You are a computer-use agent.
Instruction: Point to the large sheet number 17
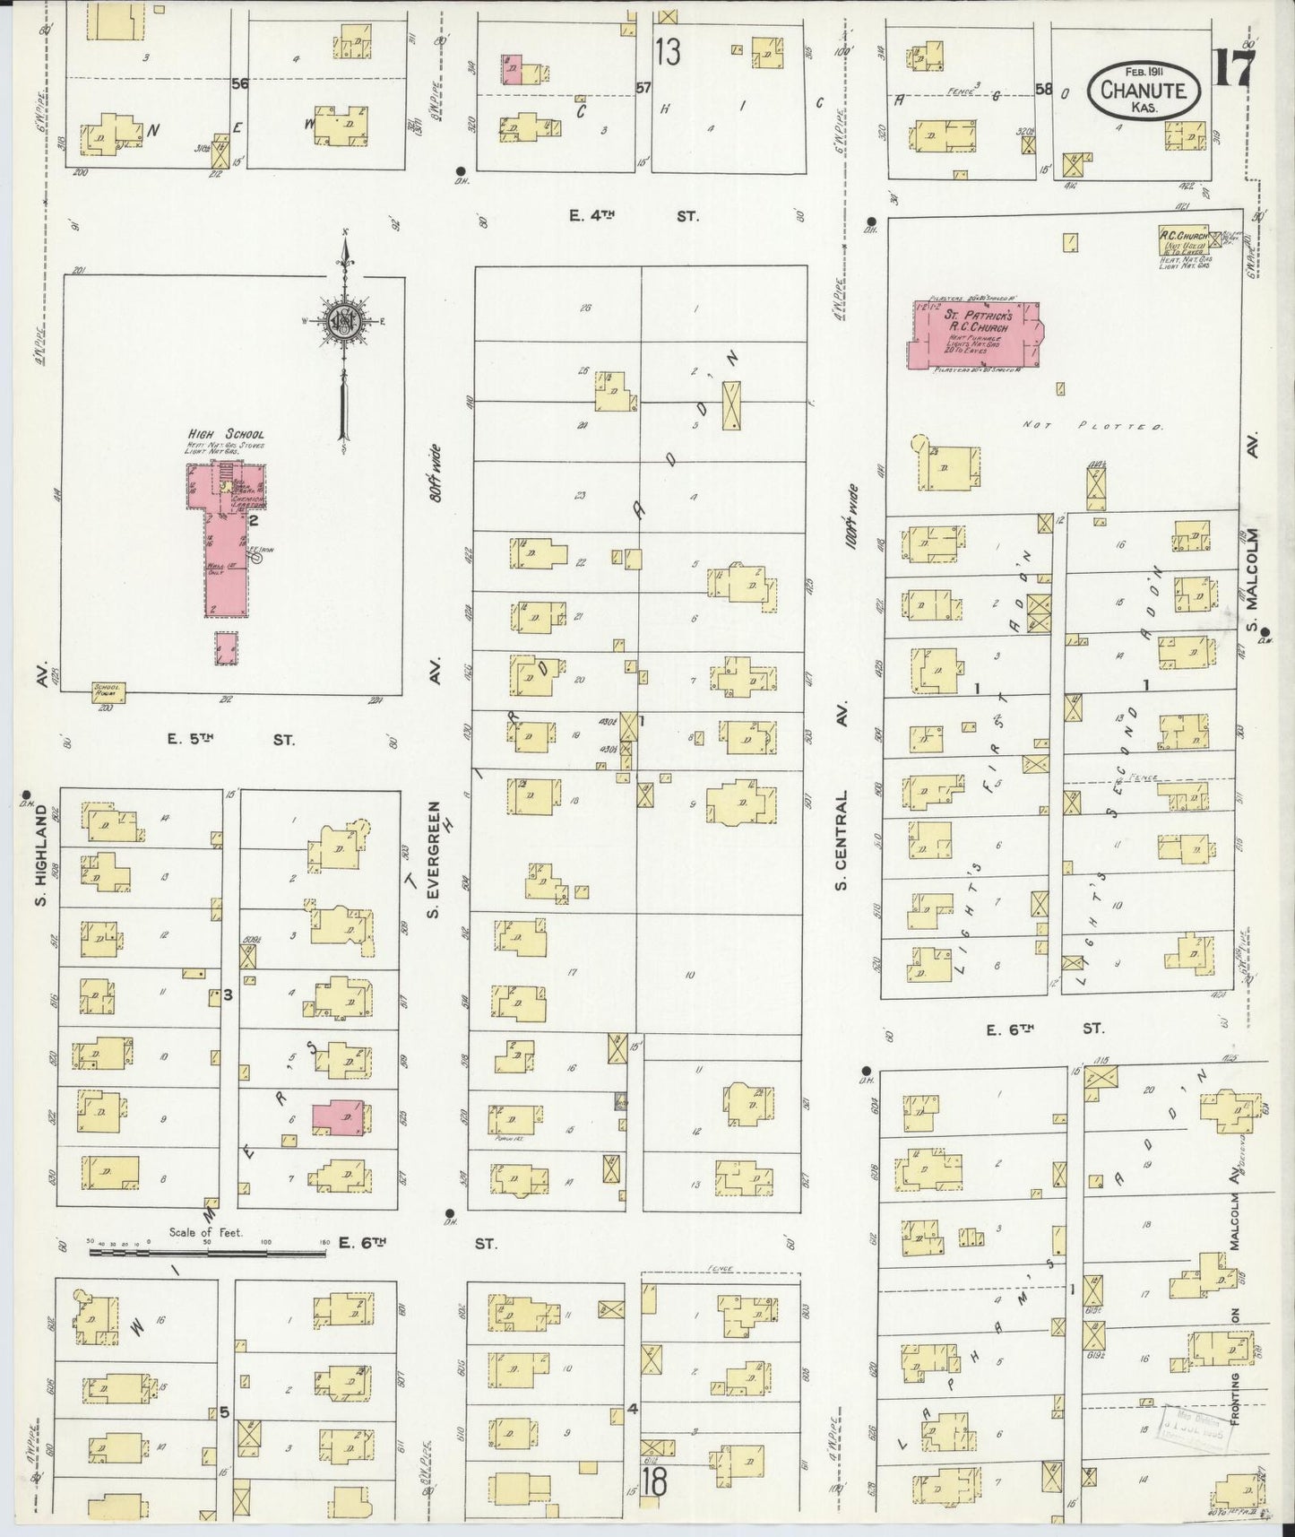1235,68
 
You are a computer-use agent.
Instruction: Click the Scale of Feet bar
206,1247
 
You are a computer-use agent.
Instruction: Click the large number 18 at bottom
653,1481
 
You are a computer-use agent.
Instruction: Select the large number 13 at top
667,52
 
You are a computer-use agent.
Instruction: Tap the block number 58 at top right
1043,89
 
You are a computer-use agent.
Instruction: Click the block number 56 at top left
238,82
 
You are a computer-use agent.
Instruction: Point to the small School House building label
108,691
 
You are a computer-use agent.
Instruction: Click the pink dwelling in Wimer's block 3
338,1117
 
